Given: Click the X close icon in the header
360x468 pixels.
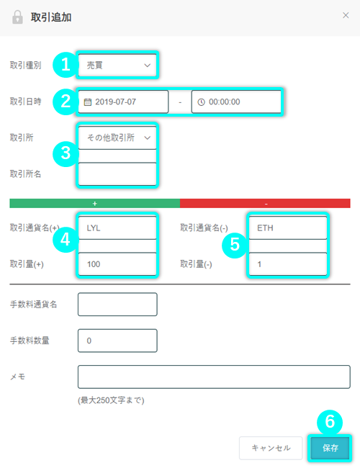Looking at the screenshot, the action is pyautogui.click(x=346, y=15).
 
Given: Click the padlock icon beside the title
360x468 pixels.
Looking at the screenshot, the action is pyautogui.click(x=17, y=17).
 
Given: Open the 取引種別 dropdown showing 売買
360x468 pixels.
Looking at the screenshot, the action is pyautogui.click(x=117, y=65).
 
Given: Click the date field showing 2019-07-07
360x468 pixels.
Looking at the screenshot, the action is pyautogui.click(x=123, y=102).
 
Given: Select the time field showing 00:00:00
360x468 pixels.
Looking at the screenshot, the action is pyautogui.click(x=236, y=102).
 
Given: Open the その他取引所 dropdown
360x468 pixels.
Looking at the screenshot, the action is pyautogui.click(x=117, y=138).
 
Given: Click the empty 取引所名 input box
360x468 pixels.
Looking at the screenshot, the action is pyautogui.click(x=117, y=174).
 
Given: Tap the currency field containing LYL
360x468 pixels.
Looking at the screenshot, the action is pyautogui.click(x=117, y=228).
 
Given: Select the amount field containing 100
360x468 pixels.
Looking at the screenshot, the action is pyautogui.click(x=117, y=264).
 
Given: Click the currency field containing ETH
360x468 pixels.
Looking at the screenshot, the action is pyautogui.click(x=288, y=228).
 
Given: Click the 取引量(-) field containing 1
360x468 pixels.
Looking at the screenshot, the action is pyautogui.click(x=288, y=264).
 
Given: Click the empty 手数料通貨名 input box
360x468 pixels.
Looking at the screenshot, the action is pyautogui.click(x=117, y=304).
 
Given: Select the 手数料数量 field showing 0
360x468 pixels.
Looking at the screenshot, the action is pyautogui.click(x=117, y=341).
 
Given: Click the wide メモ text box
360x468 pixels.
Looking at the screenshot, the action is pyautogui.click(x=214, y=377).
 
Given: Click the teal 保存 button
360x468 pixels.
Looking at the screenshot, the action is pyautogui.click(x=330, y=448).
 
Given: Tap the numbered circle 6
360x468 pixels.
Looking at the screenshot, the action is pyautogui.click(x=330, y=423).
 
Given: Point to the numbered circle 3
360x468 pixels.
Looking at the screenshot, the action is pyautogui.click(x=66, y=153).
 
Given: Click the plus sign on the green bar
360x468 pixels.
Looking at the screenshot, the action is pyautogui.click(x=94, y=204).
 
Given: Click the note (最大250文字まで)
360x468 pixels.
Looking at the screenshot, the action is pyautogui.click(x=111, y=400).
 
